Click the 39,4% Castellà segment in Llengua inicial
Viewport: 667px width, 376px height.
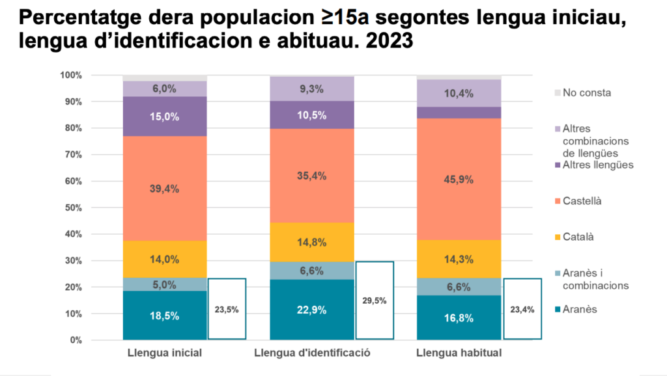[165, 189]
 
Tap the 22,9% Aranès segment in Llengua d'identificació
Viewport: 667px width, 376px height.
[312, 310]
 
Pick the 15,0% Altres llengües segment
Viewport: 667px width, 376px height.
[165, 116]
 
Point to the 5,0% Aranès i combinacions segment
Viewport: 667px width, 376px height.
[165, 284]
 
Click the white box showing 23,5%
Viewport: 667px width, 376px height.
[227, 309]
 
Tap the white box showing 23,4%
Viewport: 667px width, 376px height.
[522, 309]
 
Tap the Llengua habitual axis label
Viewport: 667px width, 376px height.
[459, 353]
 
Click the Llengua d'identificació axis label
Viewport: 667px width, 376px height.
[312, 353]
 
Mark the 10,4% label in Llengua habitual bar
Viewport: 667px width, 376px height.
[459, 93]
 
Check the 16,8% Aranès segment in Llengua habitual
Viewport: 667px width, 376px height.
[459, 319]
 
